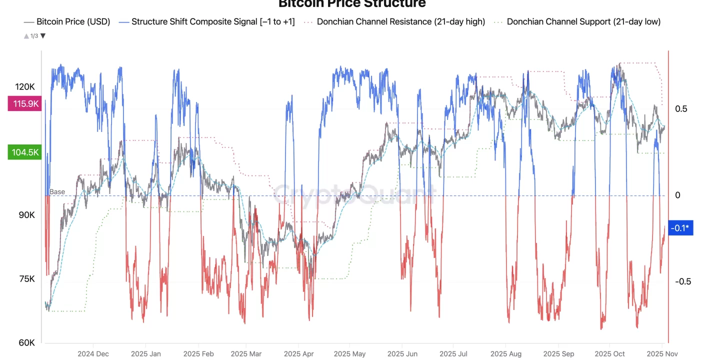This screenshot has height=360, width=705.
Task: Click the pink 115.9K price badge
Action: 23,104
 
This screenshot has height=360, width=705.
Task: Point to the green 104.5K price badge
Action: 23,152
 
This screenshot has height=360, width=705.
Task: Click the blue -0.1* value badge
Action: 680,228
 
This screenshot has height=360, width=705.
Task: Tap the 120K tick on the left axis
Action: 25,87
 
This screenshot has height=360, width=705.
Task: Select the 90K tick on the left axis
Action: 26,215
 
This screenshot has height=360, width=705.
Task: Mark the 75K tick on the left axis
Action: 26,279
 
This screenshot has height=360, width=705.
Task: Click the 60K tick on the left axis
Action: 26,343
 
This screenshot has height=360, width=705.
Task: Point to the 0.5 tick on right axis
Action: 681,109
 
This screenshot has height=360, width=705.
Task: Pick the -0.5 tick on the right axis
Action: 682,281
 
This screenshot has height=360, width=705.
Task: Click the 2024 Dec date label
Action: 92,353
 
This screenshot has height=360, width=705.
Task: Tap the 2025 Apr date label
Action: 298,353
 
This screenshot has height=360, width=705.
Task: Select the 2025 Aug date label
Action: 505,353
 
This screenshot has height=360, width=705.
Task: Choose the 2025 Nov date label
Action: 661,353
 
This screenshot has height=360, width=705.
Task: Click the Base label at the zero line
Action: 57,192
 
